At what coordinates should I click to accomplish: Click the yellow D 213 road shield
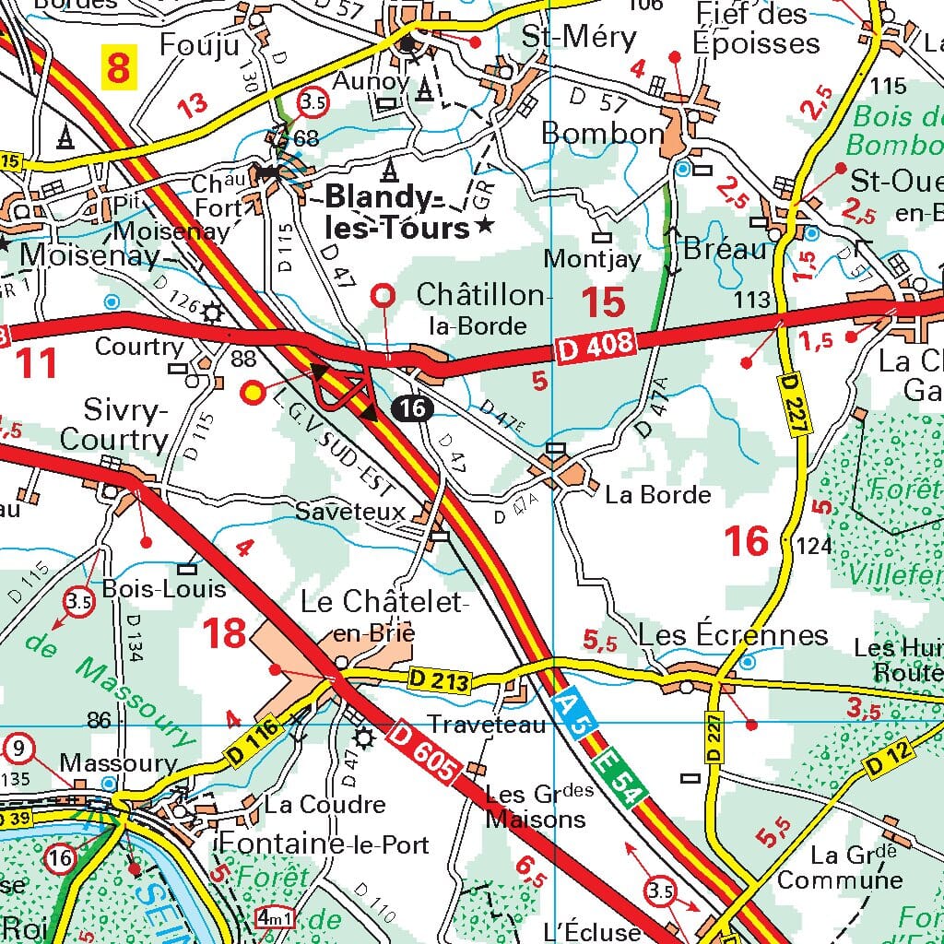click(440, 681)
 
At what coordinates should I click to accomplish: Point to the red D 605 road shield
click(423, 749)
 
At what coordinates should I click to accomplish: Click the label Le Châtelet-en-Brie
click(385, 616)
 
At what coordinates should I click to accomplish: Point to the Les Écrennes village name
click(733, 635)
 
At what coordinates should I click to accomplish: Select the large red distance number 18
click(224, 633)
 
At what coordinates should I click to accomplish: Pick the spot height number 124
click(813, 547)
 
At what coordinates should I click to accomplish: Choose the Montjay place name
click(591, 259)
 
